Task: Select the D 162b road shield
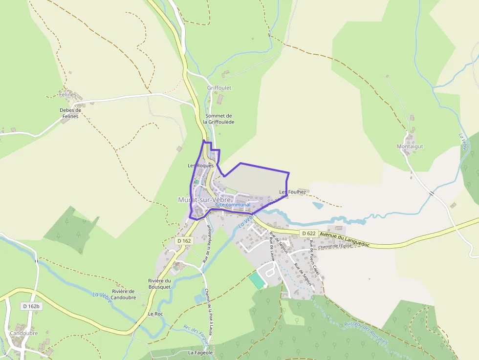tap(31, 306)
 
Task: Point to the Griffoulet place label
tap(219, 88)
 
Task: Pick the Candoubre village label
tap(23, 333)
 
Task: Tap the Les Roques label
tap(201, 166)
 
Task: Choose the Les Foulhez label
tap(293, 192)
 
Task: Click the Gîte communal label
tap(233, 205)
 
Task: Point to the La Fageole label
tap(201, 352)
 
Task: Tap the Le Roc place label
tap(155, 314)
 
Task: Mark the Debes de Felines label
tap(70, 113)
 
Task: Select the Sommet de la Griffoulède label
tap(218, 119)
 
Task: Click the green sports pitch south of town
tap(256, 280)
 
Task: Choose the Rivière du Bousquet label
tap(159, 284)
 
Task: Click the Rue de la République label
tap(209, 242)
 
